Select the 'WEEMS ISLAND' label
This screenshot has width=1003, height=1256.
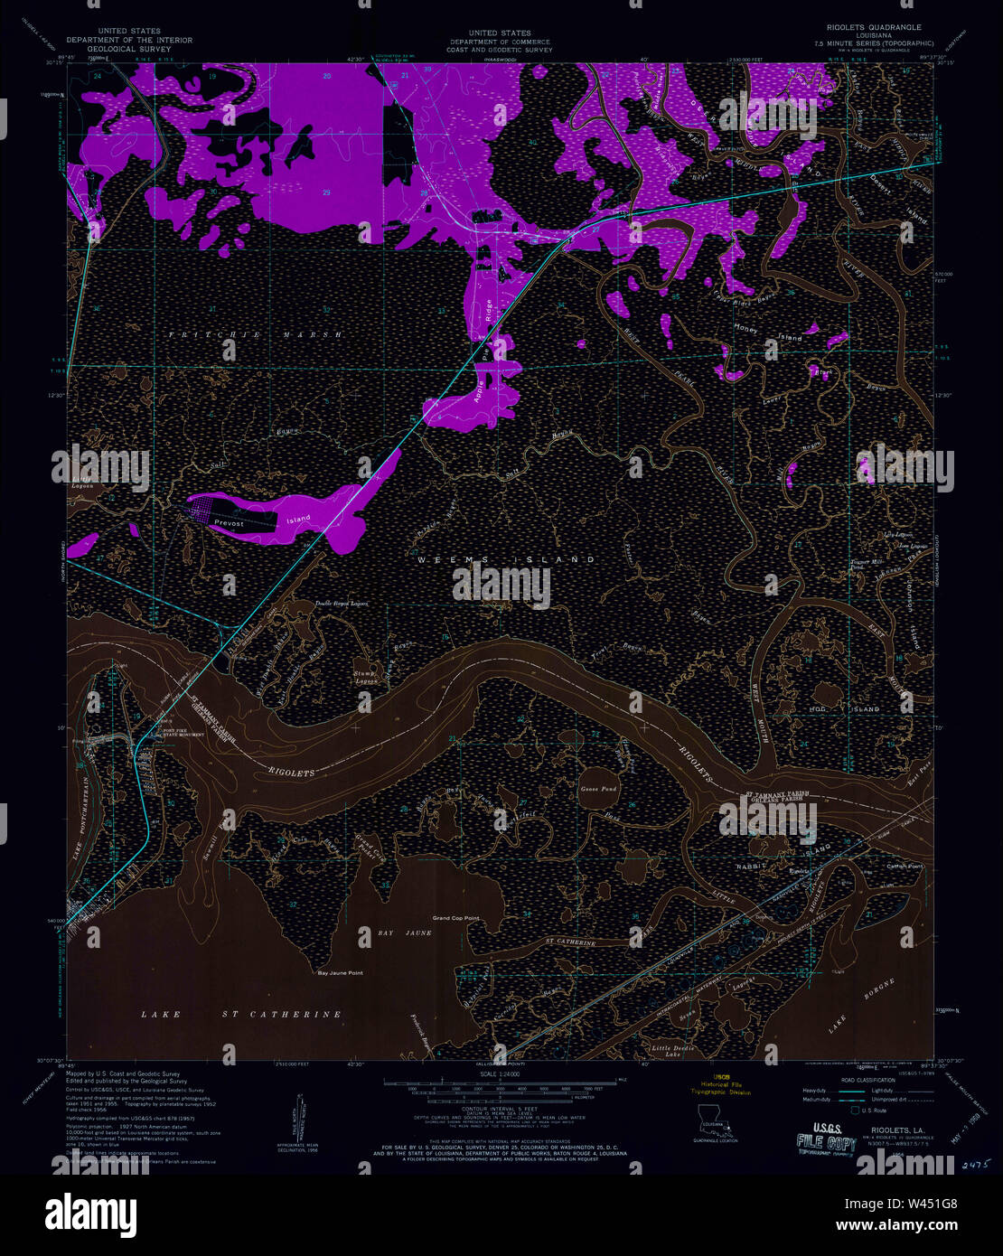tap(506, 560)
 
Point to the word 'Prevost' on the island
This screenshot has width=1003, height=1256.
tap(230, 523)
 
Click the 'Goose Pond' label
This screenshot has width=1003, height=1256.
tap(597, 789)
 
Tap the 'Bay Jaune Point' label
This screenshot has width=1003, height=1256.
tap(340, 973)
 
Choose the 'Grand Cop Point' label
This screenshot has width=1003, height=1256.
tap(455, 918)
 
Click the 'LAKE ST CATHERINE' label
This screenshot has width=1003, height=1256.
tap(241, 1015)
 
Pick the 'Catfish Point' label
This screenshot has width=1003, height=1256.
tap(905, 867)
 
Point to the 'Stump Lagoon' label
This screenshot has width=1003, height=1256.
tap(365, 678)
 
